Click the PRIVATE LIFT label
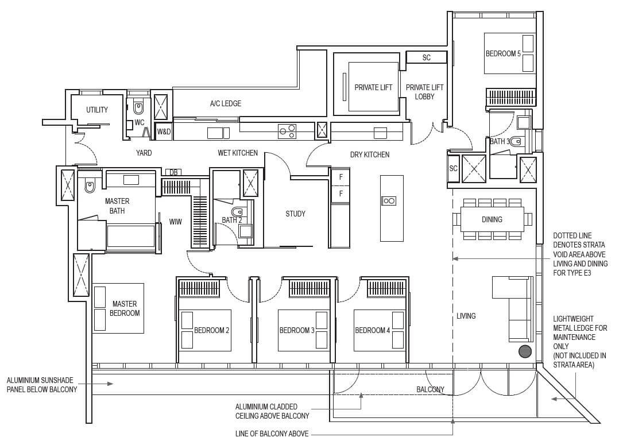click(x=373, y=88)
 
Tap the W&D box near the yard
click(x=164, y=131)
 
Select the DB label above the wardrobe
click(x=173, y=172)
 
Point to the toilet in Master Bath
click(x=90, y=187)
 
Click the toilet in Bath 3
click(x=516, y=141)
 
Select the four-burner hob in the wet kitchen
click(x=287, y=131)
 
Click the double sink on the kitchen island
click(x=388, y=201)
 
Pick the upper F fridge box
click(x=341, y=177)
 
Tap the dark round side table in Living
click(x=525, y=351)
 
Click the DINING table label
click(x=492, y=219)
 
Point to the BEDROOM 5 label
click(x=503, y=54)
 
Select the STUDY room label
click(x=295, y=214)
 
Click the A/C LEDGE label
click(x=226, y=103)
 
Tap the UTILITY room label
click(x=97, y=110)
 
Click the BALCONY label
click(x=430, y=389)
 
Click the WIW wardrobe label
click(x=175, y=222)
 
